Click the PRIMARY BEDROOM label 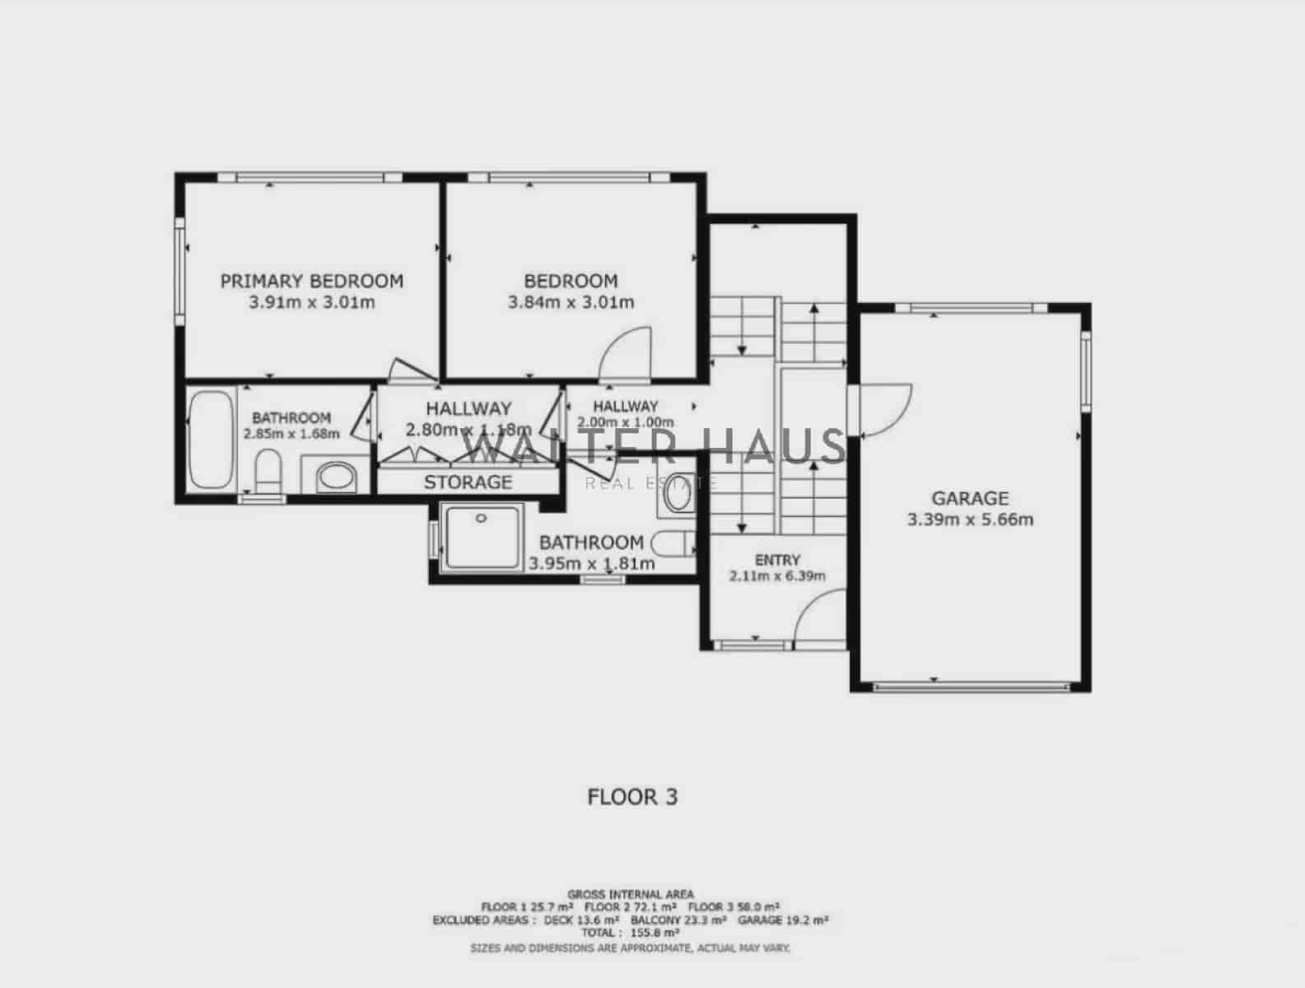click(311, 281)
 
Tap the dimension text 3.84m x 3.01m click(571, 302)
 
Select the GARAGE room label click(969, 498)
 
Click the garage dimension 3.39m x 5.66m click(969, 520)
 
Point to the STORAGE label click(468, 482)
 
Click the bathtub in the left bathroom click(211, 440)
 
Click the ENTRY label click(776, 560)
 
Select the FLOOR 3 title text click(632, 797)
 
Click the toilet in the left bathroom click(268, 471)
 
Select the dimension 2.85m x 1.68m click(291, 433)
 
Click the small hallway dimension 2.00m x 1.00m click(625, 422)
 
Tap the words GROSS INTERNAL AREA click(630, 893)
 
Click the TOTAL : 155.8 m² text click(630, 933)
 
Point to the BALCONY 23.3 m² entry click(678, 920)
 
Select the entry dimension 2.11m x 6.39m click(776, 576)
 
